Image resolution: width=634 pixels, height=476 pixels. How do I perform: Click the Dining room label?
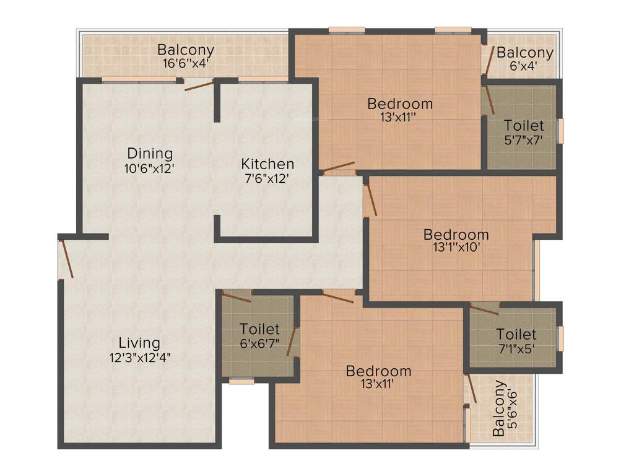(150, 153)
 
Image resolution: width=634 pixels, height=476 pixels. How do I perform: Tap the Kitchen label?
(267, 164)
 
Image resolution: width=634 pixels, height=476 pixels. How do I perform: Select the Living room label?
(139, 343)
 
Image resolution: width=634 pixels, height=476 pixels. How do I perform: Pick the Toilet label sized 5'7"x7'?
(524, 126)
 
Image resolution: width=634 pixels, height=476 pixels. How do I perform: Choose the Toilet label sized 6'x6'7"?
(259, 329)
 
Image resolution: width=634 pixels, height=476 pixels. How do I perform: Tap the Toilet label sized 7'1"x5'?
(516, 335)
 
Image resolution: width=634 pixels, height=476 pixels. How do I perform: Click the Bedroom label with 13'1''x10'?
(456, 235)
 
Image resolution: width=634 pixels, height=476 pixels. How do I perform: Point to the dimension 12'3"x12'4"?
(140, 357)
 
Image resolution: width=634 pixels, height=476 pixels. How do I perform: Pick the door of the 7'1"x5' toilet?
(484, 309)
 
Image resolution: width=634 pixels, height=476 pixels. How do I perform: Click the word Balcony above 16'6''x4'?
(186, 50)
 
